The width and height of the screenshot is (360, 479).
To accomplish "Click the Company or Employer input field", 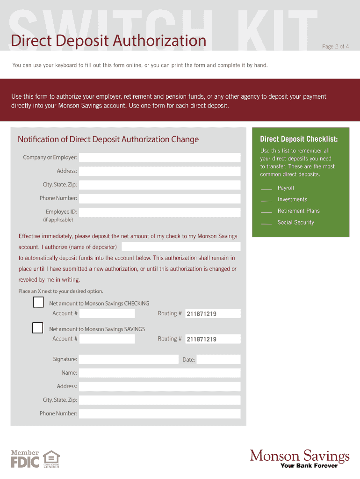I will click(159, 158).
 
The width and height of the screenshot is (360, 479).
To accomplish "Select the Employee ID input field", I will click(159, 212).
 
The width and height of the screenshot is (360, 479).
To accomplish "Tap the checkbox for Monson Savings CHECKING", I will click(38, 302).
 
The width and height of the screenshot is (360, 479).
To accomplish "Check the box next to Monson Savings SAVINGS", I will click(38, 327).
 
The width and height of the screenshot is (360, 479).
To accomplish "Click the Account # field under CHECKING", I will click(107, 313).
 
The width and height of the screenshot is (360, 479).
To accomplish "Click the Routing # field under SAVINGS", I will click(213, 339).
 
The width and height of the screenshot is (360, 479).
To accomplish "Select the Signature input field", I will click(129, 359).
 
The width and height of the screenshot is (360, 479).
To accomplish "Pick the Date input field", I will click(218, 359).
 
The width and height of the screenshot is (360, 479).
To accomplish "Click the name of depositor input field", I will click(181, 247).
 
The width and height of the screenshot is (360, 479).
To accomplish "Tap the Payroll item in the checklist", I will click(286, 188).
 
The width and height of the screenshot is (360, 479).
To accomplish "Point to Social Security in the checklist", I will click(295, 223).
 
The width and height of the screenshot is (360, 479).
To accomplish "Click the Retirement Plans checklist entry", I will click(298, 211).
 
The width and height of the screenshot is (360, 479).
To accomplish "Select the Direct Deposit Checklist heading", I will click(298, 139).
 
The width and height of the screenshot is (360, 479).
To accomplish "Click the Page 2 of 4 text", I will click(335, 46).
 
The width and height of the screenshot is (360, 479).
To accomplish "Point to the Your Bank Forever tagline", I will click(309, 466).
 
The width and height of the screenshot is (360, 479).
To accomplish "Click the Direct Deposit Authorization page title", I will click(108, 41).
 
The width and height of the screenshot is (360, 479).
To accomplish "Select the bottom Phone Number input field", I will click(159, 414).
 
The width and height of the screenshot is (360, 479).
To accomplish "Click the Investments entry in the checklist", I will click(292, 200).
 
